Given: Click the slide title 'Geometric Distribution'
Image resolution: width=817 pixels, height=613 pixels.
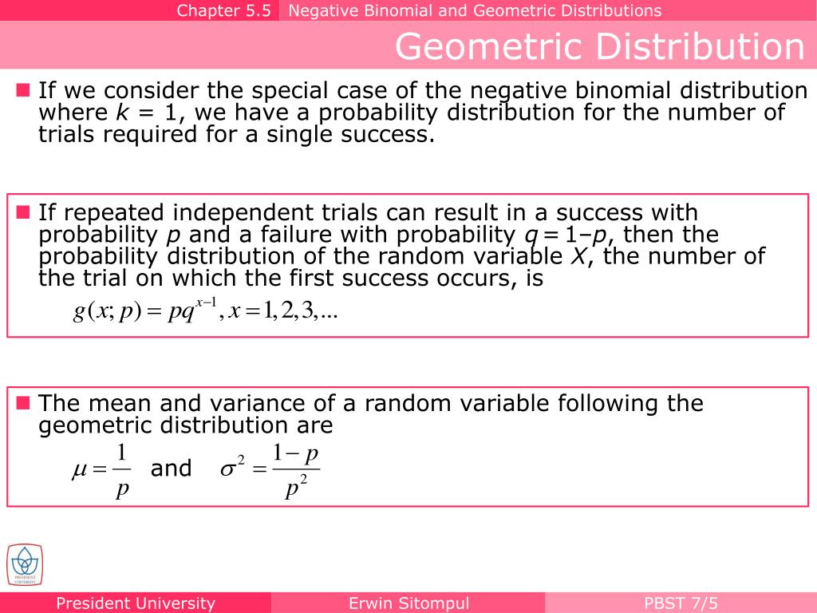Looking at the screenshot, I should pos(599,46).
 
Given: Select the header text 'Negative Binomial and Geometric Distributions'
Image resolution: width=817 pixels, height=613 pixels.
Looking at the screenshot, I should pos(475,10).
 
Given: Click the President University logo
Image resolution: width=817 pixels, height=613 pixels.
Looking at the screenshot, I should pos(25,565).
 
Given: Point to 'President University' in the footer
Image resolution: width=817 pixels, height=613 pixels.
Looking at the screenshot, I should pos(136,603).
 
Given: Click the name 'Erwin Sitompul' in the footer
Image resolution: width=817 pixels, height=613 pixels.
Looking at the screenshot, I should pos(408,603).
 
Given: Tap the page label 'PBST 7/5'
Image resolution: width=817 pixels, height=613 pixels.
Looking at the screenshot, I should pos(681,603).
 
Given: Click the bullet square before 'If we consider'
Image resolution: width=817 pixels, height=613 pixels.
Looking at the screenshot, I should pos(22,90).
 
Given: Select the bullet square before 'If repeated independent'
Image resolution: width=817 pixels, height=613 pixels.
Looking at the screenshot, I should pos(22,212).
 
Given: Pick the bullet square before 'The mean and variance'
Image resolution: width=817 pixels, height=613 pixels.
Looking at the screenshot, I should pos(22,402).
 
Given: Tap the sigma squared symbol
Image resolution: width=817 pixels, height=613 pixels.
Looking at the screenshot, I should pos(231,469).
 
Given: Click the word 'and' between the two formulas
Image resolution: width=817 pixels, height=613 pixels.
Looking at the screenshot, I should pos(171,469).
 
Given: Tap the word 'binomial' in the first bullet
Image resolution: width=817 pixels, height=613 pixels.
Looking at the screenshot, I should pos(569,91).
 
